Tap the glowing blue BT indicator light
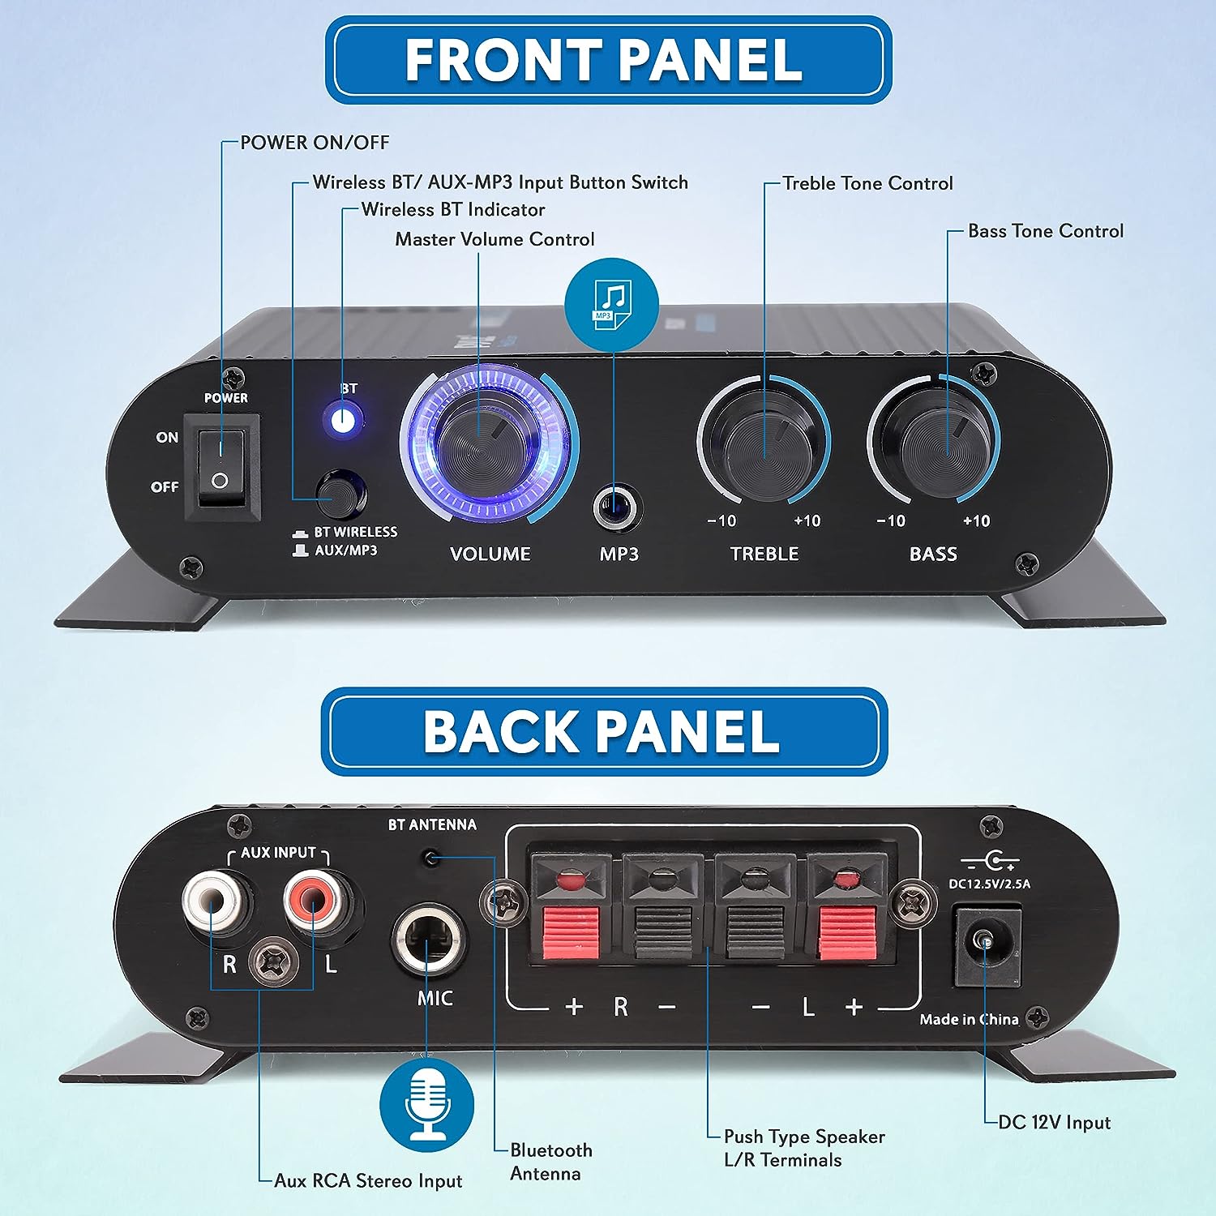pyautogui.click(x=343, y=421)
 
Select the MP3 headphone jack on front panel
pyautogui.click(x=618, y=508)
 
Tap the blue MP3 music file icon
pyautogui.click(x=611, y=305)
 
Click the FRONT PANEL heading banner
pyautogui.click(x=608, y=60)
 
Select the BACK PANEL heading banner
pyautogui.click(x=604, y=731)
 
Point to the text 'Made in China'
pyautogui.click(x=969, y=1020)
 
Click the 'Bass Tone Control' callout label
pyautogui.click(x=1046, y=231)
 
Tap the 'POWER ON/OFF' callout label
pyautogui.click(x=315, y=143)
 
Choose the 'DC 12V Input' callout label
pyautogui.click(x=1054, y=1123)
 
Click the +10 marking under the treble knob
pyautogui.click(x=807, y=521)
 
